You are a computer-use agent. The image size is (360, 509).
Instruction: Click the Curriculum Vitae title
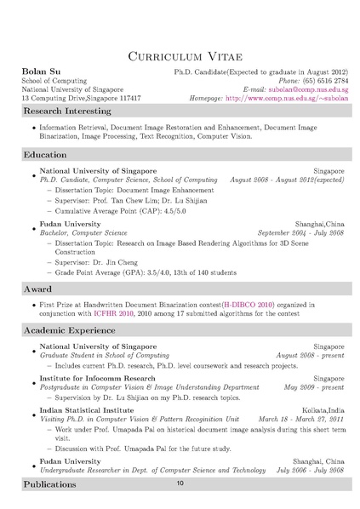coord(180,56)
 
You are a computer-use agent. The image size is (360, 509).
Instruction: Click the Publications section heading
coord(50,483)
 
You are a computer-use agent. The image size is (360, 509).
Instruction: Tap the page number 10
coord(180,483)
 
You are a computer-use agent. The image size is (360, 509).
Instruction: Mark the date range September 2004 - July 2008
coord(300,232)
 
